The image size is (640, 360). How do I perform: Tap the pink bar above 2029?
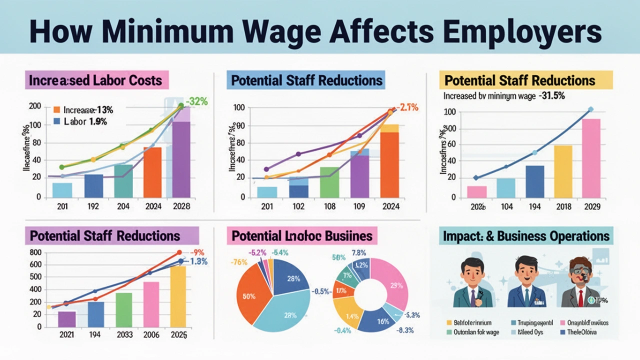tap(591, 157)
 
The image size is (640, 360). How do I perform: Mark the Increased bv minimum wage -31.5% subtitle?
tap(504, 96)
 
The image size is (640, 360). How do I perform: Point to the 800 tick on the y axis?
tap(35, 252)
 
